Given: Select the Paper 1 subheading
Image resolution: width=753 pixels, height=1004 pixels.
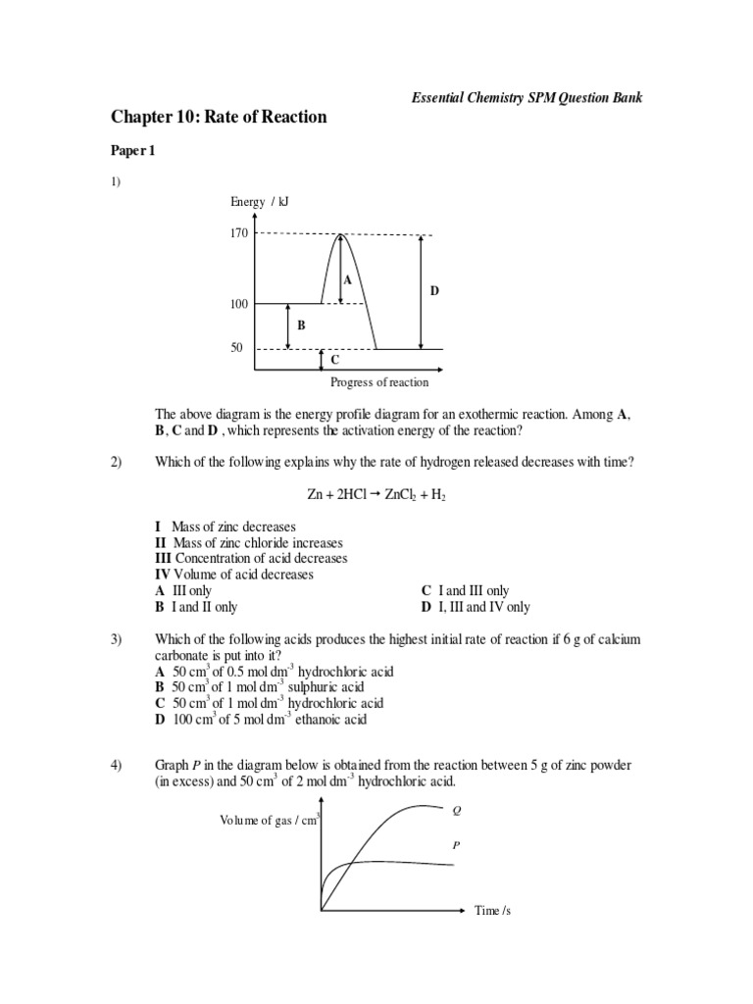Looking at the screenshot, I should (x=132, y=152).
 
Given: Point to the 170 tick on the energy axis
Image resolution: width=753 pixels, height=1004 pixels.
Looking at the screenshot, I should (x=238, y=233).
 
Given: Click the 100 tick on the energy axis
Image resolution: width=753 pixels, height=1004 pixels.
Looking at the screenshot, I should (x=238, y=304).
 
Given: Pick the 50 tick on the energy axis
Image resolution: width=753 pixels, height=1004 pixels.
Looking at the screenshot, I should (x=236, y=348).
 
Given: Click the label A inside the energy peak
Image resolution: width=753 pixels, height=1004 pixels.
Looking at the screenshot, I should (x=346, y=279).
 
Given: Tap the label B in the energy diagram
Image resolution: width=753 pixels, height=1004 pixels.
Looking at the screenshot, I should (x=301, y=325).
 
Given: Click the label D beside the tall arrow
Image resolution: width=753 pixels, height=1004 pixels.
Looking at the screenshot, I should (x=434, y=291).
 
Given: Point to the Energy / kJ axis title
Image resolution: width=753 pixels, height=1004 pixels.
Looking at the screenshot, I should (x=260, y=202).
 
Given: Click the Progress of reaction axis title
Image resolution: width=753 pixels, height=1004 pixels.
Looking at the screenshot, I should (x=379, y=383).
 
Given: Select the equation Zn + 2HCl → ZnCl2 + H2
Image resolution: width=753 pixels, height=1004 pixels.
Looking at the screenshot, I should (x=376, y=496).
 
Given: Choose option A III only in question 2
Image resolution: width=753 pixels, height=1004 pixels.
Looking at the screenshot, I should (x=183, y=591).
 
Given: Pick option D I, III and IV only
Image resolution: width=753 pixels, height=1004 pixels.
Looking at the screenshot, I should (x=476, y=607).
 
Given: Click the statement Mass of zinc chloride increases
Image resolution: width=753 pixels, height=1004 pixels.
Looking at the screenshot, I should (x=248, y=542).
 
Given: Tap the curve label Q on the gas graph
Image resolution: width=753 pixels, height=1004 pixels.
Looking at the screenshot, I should (x=455, y=811).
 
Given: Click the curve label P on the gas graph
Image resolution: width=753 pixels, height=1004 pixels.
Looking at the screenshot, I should (x=455, y=843).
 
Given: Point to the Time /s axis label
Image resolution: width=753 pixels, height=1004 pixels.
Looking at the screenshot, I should (x=493, y=911).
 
